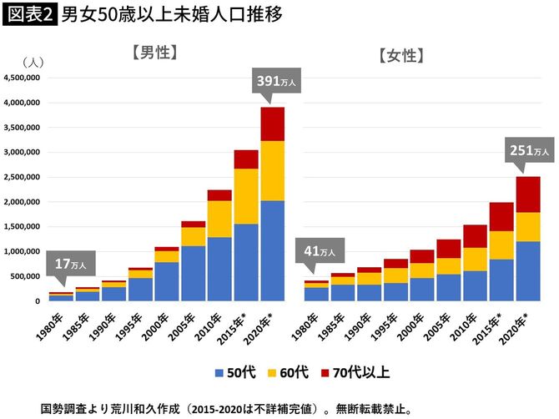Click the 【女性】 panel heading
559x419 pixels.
pyautogui.click(x=401, y=57)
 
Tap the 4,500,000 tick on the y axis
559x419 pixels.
pyautogui.click(x=22, y=78)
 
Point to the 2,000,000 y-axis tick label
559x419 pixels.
pyautogui.click(x=22, y=202)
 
